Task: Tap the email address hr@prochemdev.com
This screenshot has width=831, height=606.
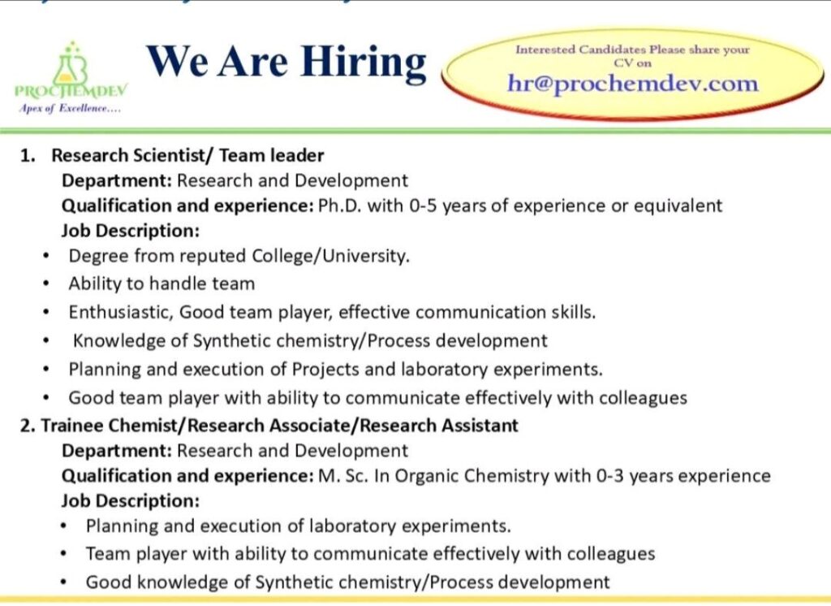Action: [632, 83]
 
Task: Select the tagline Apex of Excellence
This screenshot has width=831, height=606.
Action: [68, 108]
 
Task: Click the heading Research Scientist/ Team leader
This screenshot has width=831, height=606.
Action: [187, 155]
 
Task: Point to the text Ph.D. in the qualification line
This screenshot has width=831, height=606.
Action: [339, 206]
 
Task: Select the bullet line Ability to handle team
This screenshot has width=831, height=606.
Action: [161, 284]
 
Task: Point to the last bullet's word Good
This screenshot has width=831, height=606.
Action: [107, 582]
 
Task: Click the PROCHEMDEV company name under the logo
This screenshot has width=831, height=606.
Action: [71, 91]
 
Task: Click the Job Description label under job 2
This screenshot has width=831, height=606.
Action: [131, 500]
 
